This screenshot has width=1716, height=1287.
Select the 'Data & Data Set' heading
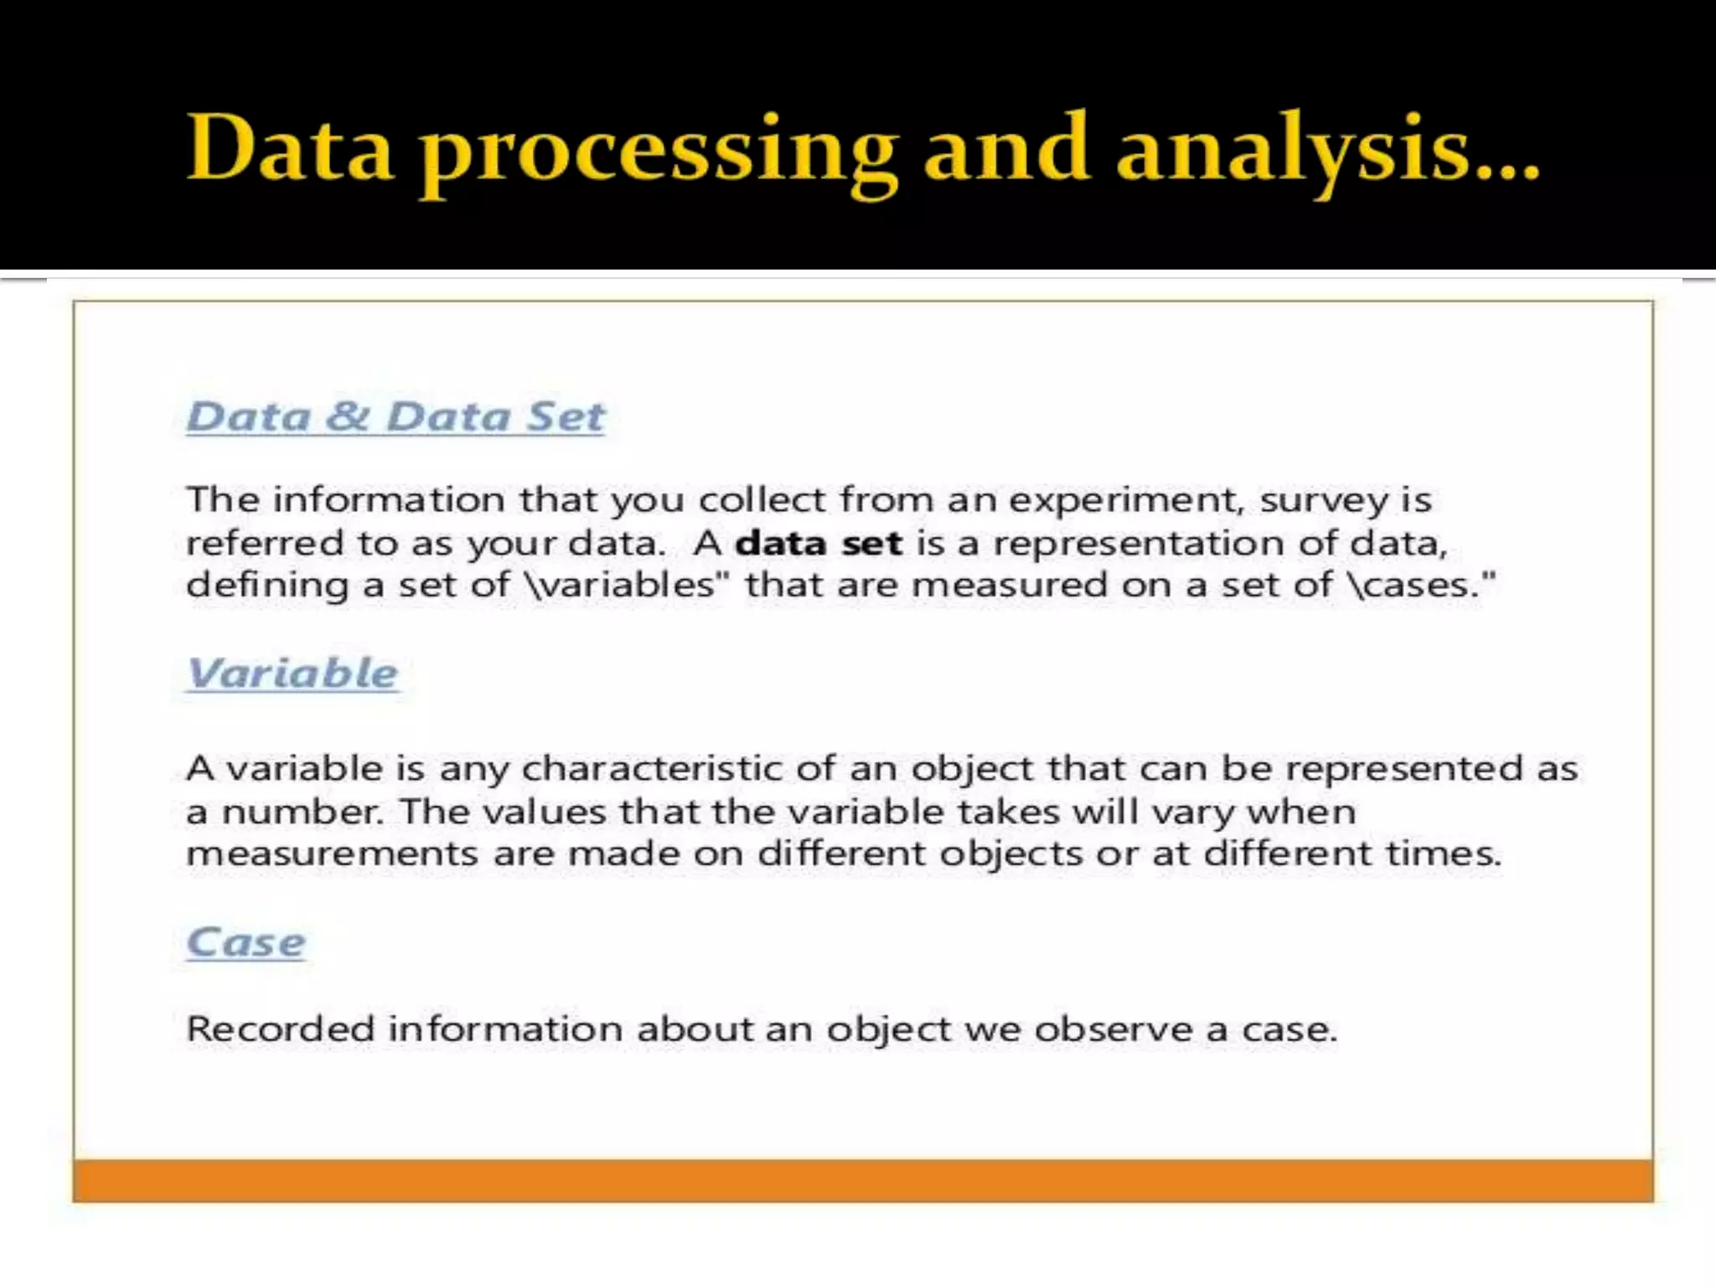click(x=395, y=416)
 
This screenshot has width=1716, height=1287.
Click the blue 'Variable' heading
click(x=292, y=673)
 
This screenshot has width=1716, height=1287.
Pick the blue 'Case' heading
click(x=246, y=942)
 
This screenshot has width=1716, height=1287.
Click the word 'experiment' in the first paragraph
click(x=1124, y=500)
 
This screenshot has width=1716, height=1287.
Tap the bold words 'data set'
click(x=819, y=543)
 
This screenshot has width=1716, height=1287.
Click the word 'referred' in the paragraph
click(x=264, y=543)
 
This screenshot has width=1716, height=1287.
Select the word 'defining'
click(x=266, y=586)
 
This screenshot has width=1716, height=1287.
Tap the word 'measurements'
click(x=332, y=854)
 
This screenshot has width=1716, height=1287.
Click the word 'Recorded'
click(x=280, y=1029)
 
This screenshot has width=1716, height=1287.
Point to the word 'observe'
click(x=1113, y=1029)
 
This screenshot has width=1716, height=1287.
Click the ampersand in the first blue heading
click(x=347, y=416)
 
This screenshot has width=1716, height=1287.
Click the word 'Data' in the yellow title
click(x=290, y=149)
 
